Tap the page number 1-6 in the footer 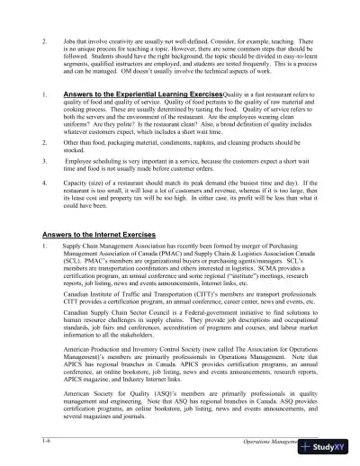point(34,436)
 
